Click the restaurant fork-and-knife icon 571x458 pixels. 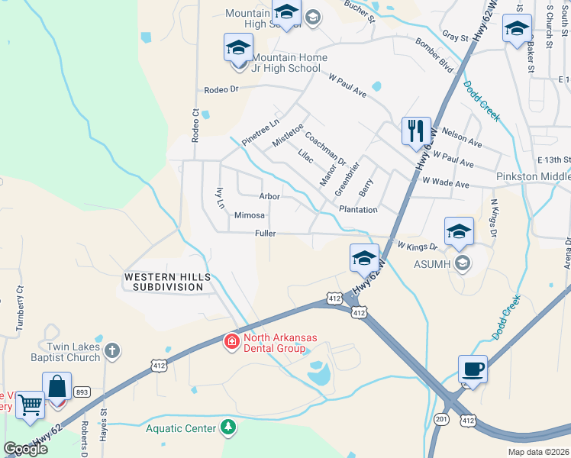[x=416, y=131]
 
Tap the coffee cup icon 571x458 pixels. [x=473, y=369]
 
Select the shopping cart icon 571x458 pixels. [x=30, y=405]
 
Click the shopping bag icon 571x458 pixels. [x=57, y=385]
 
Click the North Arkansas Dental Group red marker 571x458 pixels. [x=230, y=343]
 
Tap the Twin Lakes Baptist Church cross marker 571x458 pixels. [x=111, y=351]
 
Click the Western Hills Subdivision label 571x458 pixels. [x=165, y=281]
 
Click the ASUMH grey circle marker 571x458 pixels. [x=460, y=263]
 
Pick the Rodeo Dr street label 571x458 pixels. [x=221, y=89]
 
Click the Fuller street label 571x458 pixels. [x=265, y=234]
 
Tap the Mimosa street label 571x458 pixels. [x=249, y=215]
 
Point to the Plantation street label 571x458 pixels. [x=357, y=210]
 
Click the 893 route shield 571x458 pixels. [x=82, y=392]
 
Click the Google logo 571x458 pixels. [x=26, y=449]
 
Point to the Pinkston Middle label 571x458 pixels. [x=533, y=176]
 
